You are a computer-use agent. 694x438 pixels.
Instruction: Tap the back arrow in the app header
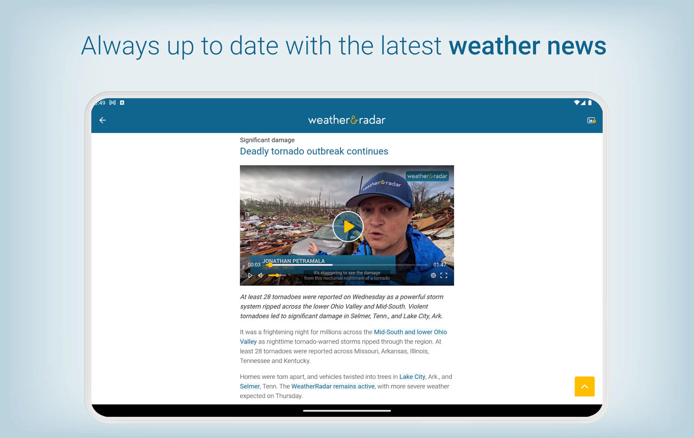[103, 120]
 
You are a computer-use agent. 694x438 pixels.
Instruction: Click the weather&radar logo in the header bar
[347, 120]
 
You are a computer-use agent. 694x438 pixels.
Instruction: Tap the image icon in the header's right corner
[591, 120]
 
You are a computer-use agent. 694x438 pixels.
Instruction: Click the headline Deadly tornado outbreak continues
[314, 151]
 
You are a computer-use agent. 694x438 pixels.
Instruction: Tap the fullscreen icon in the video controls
[444, 275]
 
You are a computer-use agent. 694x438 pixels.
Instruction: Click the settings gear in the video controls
[433, 275]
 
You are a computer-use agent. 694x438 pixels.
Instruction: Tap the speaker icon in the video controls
[260, 275]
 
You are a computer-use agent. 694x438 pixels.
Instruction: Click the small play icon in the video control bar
[250, 275]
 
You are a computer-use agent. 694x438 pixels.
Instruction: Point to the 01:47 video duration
[439, 265]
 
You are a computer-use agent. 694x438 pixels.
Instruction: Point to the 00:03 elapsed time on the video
[254, 265]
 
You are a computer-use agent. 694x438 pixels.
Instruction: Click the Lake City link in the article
[412, 377]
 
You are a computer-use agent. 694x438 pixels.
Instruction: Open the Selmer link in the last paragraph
[249, 387]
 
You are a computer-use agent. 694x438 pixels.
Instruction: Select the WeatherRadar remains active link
[333, 387]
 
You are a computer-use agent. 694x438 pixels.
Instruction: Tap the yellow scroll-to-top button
[584, 387]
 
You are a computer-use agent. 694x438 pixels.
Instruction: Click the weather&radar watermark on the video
[427, 176]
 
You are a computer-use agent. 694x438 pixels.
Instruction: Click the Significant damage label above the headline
[267, 140]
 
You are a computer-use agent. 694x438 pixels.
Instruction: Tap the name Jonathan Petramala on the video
[294, 261]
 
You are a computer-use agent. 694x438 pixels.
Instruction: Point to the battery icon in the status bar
[590, 103]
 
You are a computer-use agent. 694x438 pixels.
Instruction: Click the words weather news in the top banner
[527, 46]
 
